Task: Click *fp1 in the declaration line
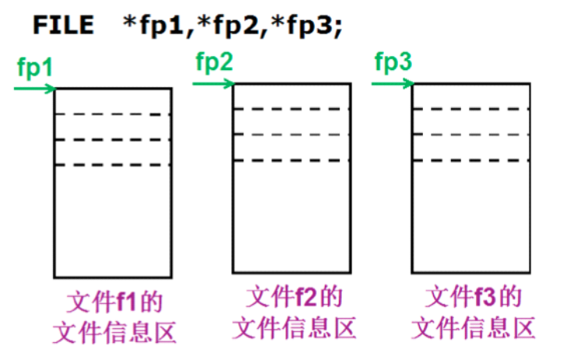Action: [151, 24]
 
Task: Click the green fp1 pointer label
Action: [34, 67]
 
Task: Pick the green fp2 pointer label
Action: [213, 61]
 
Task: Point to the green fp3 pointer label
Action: [393, 61]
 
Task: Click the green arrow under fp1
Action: [35, 88]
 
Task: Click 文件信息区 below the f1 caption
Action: [114, 333]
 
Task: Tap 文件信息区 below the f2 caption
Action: [293, 327]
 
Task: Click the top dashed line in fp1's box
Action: [112, 115]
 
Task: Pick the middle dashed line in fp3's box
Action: [471, 134]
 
